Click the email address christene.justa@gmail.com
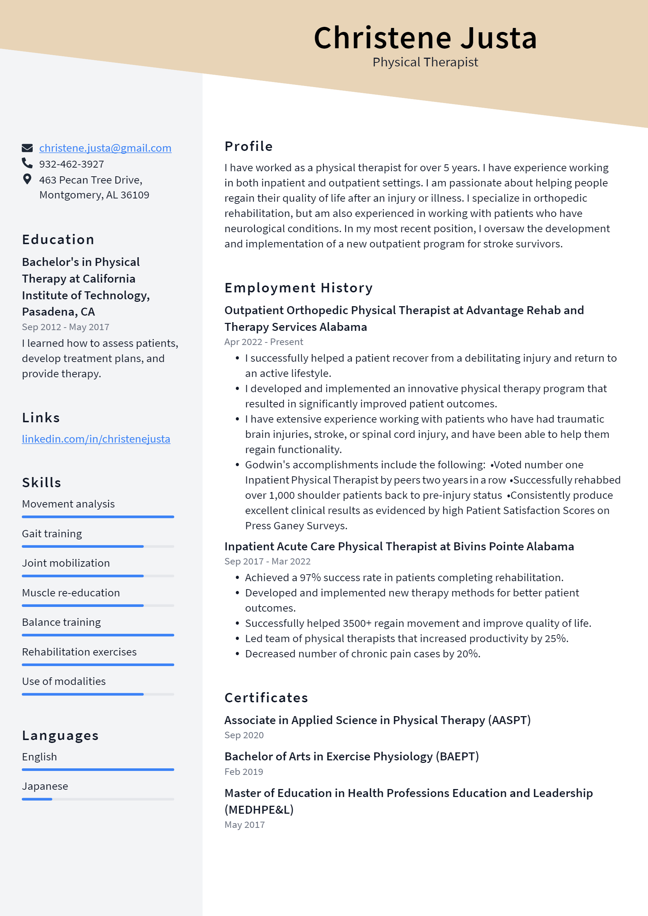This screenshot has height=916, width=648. [105, 148]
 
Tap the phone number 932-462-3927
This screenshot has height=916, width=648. [72, 164]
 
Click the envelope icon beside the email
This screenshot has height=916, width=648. [27, 148]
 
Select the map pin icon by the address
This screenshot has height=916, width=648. [27, 179]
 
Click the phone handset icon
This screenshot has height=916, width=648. [27, 163]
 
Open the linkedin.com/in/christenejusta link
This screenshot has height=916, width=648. [96, 439]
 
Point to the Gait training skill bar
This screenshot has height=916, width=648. [98, 546]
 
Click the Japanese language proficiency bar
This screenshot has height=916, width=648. [98, 799]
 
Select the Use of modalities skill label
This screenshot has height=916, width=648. [64, 681]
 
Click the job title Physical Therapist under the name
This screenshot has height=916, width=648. [425, 62]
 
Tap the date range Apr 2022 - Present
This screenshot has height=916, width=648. [264, 342]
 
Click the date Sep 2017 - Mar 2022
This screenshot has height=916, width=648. [267, 561]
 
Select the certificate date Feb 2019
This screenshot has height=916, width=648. [244, 772]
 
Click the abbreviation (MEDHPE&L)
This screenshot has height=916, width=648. [259, 809]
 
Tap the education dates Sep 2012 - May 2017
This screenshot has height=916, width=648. [65, 327]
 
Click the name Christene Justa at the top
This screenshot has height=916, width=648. [425, 38]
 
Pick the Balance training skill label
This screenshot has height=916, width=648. [61, 623]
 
